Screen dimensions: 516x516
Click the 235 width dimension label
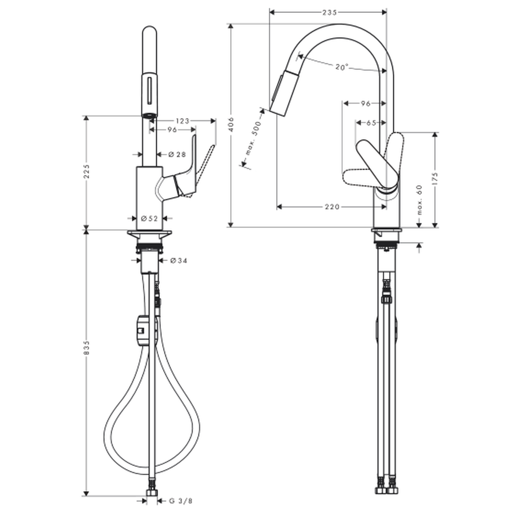(x=329, y=12)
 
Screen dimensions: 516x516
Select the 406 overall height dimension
(x=231, y=124)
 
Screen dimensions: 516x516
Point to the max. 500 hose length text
(x=253, y=138)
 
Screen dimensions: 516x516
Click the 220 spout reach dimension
(x=332, y=207)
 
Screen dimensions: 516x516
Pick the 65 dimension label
(x=371, y=123)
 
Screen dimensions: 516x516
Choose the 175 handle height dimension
(x=435, y=179)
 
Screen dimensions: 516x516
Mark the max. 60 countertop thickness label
(x=419, y=200)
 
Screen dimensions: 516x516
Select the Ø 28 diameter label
(x=177, y=154)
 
